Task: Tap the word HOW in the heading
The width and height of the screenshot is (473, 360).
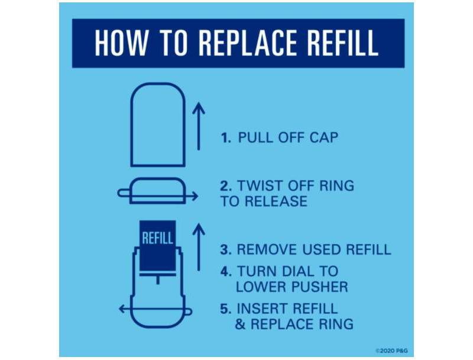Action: [x=122, y=43]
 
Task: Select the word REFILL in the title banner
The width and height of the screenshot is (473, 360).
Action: [x=342, y=43]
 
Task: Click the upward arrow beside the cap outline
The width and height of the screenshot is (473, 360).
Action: [x=199, y=126]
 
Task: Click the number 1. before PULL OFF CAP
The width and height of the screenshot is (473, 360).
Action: [x=226, y=138]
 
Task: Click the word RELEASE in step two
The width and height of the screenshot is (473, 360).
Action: [x=276, y=201]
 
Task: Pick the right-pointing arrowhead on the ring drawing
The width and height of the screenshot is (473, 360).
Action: [x=195, y=196]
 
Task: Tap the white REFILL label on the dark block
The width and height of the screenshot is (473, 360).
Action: [x=157, y=238]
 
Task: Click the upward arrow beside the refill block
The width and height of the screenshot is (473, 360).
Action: [x=199, y=247]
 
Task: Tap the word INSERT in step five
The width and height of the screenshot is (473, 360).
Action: [x=263, y=309]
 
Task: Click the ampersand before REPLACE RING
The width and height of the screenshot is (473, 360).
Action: [x=241, y=324]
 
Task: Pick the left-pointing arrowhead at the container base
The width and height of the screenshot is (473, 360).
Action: [x=123, y=309]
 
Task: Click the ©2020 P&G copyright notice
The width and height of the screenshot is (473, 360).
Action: [x=391, y=351]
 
